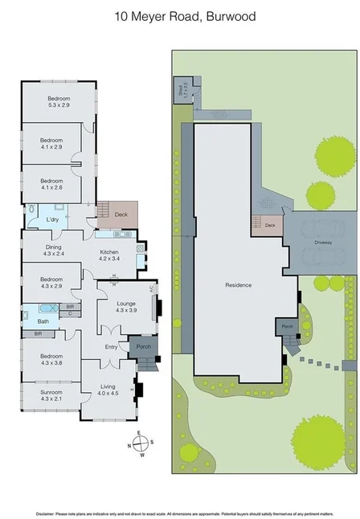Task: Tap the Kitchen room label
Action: pyautogui.click(x=108, y=255)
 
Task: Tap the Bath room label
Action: pyautogui.click(x=43, y=321)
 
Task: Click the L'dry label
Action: pyautogui.click(x=52, y=219)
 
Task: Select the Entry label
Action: pyautogui.click(x=111, y=346)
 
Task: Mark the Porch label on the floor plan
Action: pyautogui.click(x=144, y=347)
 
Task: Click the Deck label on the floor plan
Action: pyautogui.click(x=121, y=215)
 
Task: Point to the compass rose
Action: pyautogui.click(x=137, y=443)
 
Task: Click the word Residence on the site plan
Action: pyautogui.click(x=238, y=284)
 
